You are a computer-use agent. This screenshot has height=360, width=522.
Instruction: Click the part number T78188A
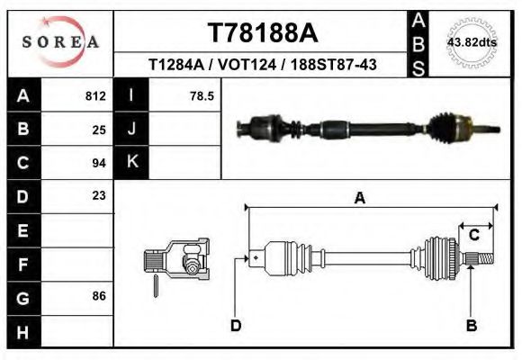(263, 33)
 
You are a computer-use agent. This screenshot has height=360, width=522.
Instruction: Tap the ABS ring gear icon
(471, 42)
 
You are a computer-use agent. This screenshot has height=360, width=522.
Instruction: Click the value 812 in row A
(94, 95)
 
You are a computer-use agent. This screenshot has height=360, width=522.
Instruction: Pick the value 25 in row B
(99, 129)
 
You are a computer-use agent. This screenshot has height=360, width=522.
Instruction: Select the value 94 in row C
(99, 163)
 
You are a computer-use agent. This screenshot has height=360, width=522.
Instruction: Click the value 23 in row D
(99, 195)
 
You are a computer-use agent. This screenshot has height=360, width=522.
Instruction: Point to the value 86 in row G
(99, 295)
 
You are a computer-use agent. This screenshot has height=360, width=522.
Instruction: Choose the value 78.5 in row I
(202, 95)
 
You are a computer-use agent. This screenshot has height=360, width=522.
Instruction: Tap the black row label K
(131, 162)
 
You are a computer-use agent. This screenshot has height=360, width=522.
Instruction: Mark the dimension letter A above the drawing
(360, 199)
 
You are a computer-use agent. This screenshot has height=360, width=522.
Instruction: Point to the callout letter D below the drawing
(236, 325)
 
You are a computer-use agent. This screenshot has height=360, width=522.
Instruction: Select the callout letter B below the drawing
(471, 325)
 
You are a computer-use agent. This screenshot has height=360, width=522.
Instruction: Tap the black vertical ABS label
(418, 42)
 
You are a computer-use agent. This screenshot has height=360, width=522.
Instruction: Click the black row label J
(131, 129)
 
